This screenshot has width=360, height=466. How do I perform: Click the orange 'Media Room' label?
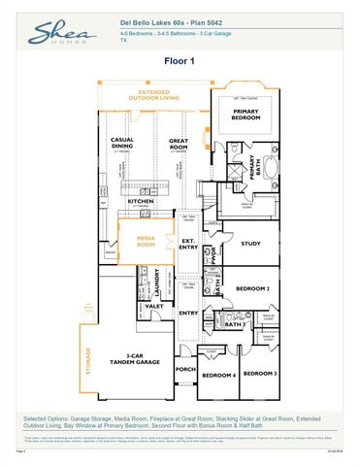(x=146, y=243)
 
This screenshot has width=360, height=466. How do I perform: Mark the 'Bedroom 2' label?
(x=253, y=287)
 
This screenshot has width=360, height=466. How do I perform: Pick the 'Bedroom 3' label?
(x=259, y=374)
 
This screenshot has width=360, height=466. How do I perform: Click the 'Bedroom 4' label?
(x=216, y=375)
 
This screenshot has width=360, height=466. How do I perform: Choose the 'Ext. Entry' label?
(x=187, y=244)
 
